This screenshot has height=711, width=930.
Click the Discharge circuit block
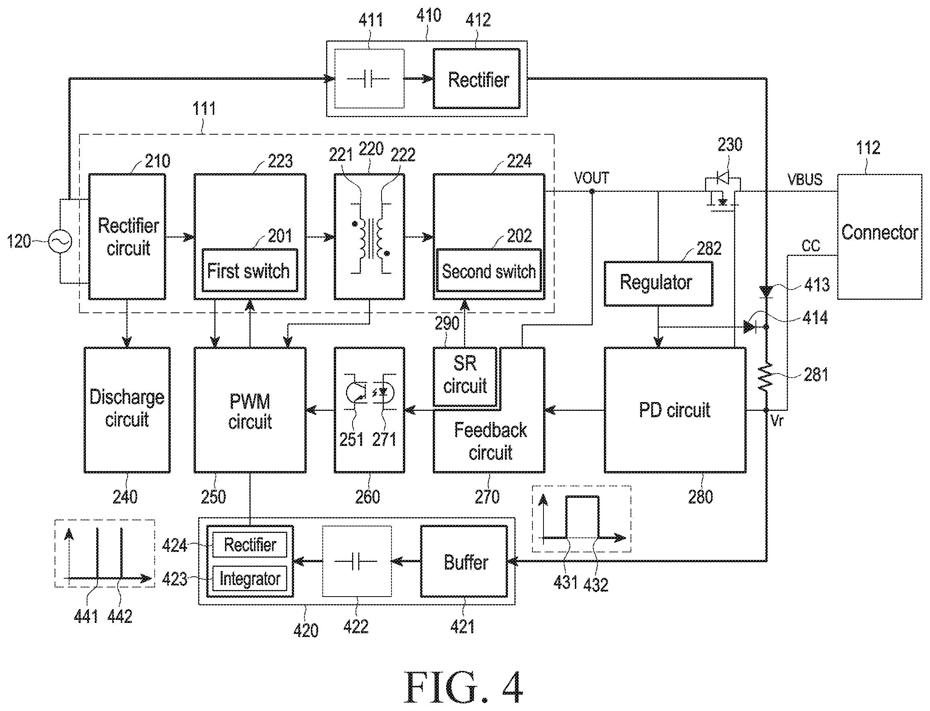click(127, 410)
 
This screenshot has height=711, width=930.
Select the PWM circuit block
click(250, 410)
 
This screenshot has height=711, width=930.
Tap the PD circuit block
click(675, 410)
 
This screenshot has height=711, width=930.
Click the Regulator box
click(658, 283)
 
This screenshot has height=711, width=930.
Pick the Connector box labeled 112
click(880, 236)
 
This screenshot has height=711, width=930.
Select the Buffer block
click(464, 561)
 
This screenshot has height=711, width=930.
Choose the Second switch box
click(489, 270)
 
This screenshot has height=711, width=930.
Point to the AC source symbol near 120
click(60, 241)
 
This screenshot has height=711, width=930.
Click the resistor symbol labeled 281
click(766, 378)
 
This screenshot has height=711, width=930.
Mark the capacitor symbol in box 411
click(368, 79)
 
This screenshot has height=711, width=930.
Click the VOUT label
click(592, 178)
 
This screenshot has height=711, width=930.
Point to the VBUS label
click(805, 179)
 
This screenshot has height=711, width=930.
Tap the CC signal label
click(810, 246)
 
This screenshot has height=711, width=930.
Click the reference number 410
click(429, 16)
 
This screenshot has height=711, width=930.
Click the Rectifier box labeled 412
click(477, 79)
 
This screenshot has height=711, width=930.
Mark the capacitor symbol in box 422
click(356, 561)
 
